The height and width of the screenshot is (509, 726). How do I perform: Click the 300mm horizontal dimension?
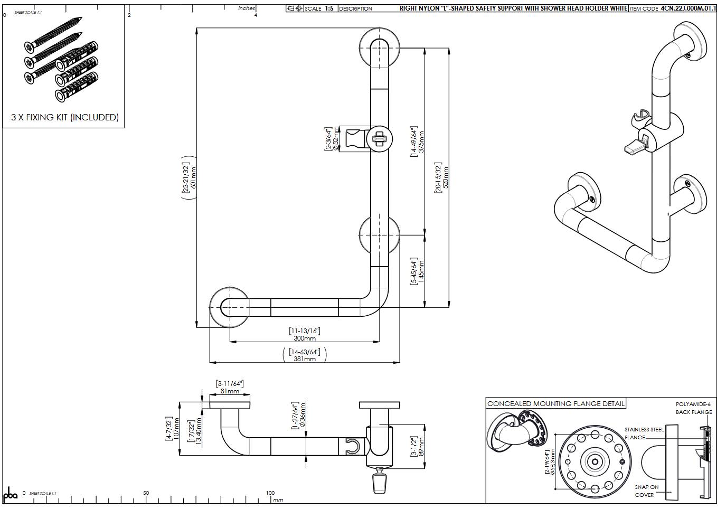[305, 338]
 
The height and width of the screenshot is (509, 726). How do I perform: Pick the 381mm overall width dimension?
[305, 359]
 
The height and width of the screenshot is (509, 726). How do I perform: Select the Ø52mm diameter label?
[336, 139]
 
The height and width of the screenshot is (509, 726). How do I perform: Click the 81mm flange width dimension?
[230, 391]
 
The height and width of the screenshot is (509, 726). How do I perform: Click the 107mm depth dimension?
[176, 429]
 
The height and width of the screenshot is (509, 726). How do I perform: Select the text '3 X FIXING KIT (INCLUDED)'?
[64, 117]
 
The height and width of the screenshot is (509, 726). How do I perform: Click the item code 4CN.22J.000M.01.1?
[688, 8]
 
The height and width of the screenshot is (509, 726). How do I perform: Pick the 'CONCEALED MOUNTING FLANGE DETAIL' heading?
[555, 404]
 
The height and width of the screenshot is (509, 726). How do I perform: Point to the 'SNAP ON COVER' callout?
[646, 491]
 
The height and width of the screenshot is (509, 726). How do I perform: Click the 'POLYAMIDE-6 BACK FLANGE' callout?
[693, 408]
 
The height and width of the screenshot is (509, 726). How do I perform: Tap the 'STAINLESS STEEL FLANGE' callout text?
[644, 433]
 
